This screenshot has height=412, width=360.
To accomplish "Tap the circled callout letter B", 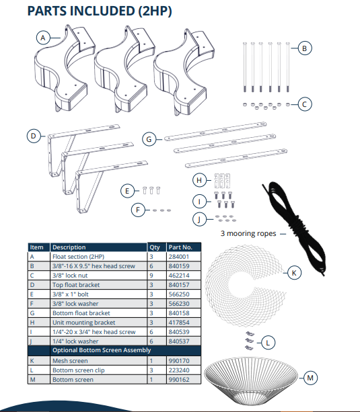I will [x=304, y=48].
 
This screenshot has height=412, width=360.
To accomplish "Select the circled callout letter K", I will [x=293, y=273].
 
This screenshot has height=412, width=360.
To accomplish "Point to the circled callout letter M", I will [x=310, y=378].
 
